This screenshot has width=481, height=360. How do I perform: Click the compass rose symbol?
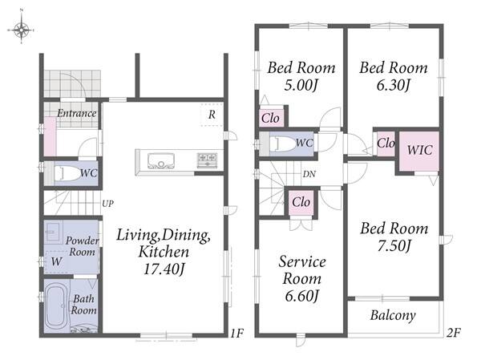tap(21, 30)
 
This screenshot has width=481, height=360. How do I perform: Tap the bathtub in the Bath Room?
tap(55, 308)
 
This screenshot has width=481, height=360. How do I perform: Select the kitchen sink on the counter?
tap(161, 161)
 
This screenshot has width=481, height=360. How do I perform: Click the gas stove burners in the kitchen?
tap(208, 159)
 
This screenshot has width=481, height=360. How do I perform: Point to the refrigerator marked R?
tap(212, 115)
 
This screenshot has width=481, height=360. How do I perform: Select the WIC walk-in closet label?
tap(419, 150)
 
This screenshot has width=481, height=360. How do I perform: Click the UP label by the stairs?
tap(107, 203)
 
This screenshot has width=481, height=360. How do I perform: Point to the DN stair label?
tap(309, 174)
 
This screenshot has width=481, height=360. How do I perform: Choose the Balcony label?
tap(393, 315)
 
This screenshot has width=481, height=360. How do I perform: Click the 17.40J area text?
tap(164, 269)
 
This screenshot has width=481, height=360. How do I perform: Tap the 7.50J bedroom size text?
tap(394, 245)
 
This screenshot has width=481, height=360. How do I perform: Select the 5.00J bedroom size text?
tap(301, 85)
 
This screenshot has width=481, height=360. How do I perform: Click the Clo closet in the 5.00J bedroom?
tap(271, 118)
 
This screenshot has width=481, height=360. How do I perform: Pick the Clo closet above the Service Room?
tap(301, 202)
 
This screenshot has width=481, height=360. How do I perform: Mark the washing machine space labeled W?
tap(56, 262)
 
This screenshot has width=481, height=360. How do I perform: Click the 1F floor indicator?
tap(236, 333)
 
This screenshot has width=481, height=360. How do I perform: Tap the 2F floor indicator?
tap(454, 333)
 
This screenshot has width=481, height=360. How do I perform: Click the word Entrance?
tap(77, 113)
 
